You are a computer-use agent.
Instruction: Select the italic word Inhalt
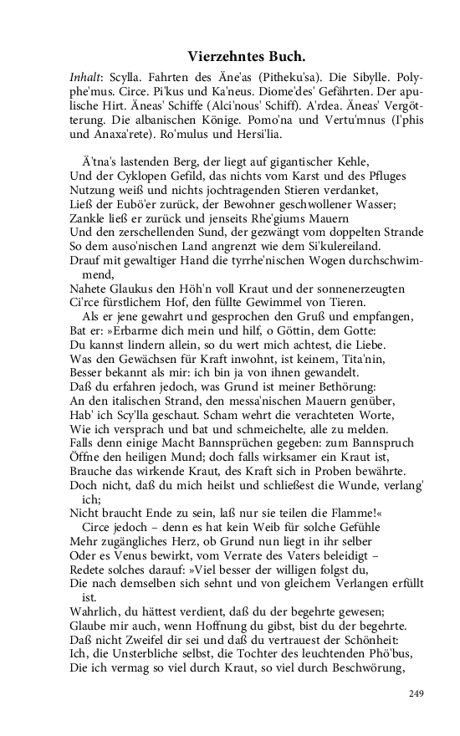[86, 75]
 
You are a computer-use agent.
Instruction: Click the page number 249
[417, 693]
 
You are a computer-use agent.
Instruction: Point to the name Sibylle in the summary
[339, 75]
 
